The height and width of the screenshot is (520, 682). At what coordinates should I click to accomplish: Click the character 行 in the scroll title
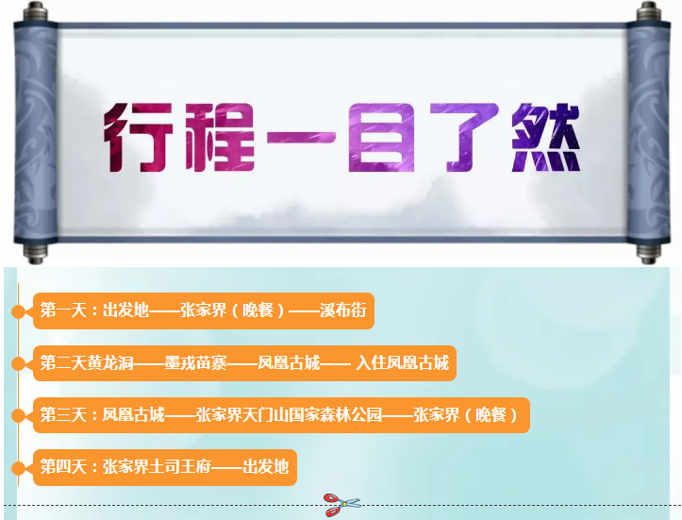pyautogui.click(x=139, y=137)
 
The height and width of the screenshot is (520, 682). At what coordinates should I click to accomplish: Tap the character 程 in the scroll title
pyautogui.click(x=220, y=137)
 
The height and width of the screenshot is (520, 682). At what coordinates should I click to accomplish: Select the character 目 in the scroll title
pyautogui.click(x=381, y=137)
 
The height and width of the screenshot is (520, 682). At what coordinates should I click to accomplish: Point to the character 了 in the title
pyautogui.click(x=464, y=137)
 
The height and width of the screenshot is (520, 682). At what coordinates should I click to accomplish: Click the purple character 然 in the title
pyautogui.click(x=546, y=137)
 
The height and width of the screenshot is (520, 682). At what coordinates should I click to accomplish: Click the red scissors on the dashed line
pyautogui.click(x=341, y=505)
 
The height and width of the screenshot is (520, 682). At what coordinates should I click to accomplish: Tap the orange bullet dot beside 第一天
pyautogui.click(x=18, y=311)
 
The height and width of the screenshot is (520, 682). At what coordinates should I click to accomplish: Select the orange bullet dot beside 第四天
pyautogui.click(x=18, y=468)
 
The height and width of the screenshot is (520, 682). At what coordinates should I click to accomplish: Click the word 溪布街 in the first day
pyautogui.click(x=342, y=310)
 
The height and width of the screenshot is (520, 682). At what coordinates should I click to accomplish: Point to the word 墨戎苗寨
pyautogui.click(x=195, y=362)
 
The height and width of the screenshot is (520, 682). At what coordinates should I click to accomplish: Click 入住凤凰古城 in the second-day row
pyautogui.click(x=402, y=362)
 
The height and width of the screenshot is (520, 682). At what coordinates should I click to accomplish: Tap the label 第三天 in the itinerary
pyautogui.click(x=63, y=414)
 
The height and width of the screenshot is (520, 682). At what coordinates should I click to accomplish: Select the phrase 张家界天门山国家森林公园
pyautogui.click(x=289, y=414)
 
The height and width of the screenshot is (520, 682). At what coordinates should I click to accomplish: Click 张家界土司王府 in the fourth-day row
pyautogui.click(x=157, y=467)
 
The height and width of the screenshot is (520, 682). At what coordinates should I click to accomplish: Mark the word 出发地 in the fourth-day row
pyautogui.click(x=265, y=467)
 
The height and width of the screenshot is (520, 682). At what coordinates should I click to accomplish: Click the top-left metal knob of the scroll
pyautogui.click(x=36, y=11)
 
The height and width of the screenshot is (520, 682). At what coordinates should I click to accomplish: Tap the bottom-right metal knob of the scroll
pyautogui.click(x=648, y=253)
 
